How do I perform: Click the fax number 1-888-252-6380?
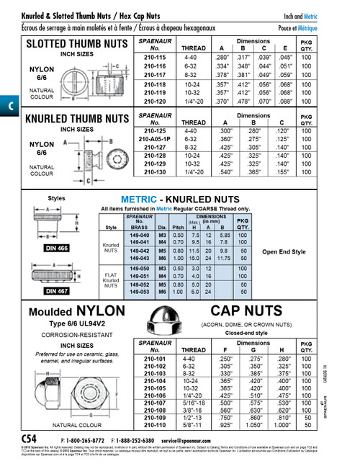pos(138,439)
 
